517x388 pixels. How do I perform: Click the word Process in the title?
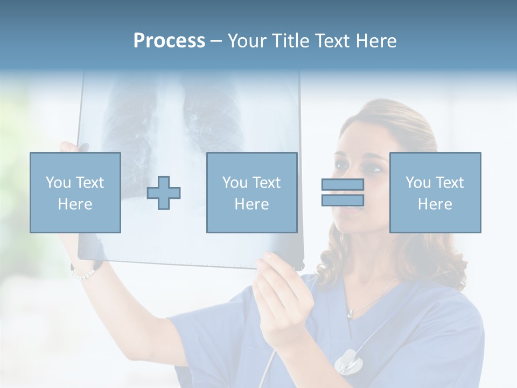169,41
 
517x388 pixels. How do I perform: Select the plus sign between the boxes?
164,193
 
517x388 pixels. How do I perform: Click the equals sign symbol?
343,192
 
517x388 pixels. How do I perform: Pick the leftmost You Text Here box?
75,192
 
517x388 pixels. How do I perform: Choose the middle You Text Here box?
251,192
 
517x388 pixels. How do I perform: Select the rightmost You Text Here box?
435,192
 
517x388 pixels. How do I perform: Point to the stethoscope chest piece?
347,361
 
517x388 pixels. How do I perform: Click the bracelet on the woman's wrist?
83,273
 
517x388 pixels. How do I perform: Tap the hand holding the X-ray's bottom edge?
280,291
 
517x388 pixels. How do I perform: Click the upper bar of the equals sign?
343,185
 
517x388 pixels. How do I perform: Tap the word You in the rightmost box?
417,183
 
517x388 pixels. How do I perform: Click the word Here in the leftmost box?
75,204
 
